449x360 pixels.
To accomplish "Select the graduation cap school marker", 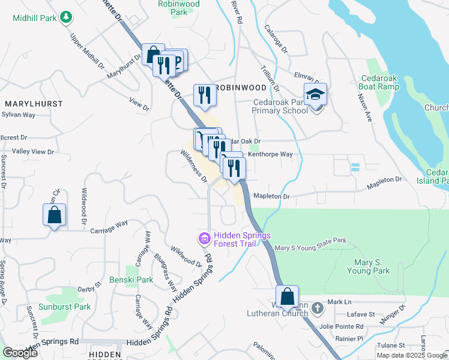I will pos(315,95).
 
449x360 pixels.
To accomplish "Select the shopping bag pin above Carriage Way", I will pos(54,214).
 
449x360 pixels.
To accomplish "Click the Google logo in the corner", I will pos(20,353).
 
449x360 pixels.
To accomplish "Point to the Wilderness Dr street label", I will pos(194,166).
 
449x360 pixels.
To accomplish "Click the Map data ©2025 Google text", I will pos(412,355).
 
